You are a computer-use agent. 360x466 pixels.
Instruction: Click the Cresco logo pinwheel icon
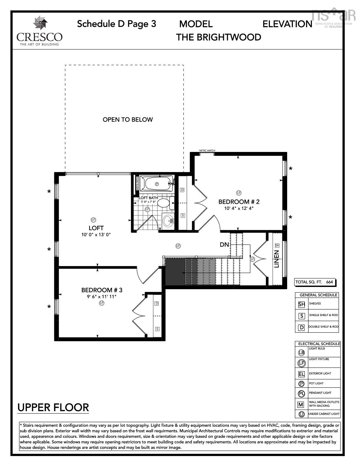point(40,23)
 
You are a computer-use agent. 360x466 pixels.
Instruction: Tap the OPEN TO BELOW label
point(128,119)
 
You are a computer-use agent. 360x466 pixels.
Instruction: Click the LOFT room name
point(96,228)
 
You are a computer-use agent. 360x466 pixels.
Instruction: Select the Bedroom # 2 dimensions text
point(239,208)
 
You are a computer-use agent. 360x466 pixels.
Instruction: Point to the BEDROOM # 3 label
point(102,290)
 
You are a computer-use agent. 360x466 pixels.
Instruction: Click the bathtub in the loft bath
point(157,184)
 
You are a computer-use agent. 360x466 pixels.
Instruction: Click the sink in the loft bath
point(168,221)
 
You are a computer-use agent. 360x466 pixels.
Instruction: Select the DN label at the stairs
point(224,245)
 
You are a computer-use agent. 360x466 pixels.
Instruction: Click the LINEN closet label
point(277,259)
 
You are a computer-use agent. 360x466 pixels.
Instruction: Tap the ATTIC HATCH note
point(207,151)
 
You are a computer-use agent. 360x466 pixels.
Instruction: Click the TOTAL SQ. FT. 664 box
point(314,282)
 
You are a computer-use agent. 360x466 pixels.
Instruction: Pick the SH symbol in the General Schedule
point(302,304)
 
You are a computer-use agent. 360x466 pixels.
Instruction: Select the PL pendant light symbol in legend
point(301,393)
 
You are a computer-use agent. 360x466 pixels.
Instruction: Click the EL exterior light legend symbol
point(301,374)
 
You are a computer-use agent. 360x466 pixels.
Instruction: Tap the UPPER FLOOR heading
point(53,408)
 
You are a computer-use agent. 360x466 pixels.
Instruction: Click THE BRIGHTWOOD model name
point(219,37)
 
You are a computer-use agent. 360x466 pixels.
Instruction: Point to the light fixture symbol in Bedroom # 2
point(239,193)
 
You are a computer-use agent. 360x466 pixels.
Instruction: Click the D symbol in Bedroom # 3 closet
point(157,304)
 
